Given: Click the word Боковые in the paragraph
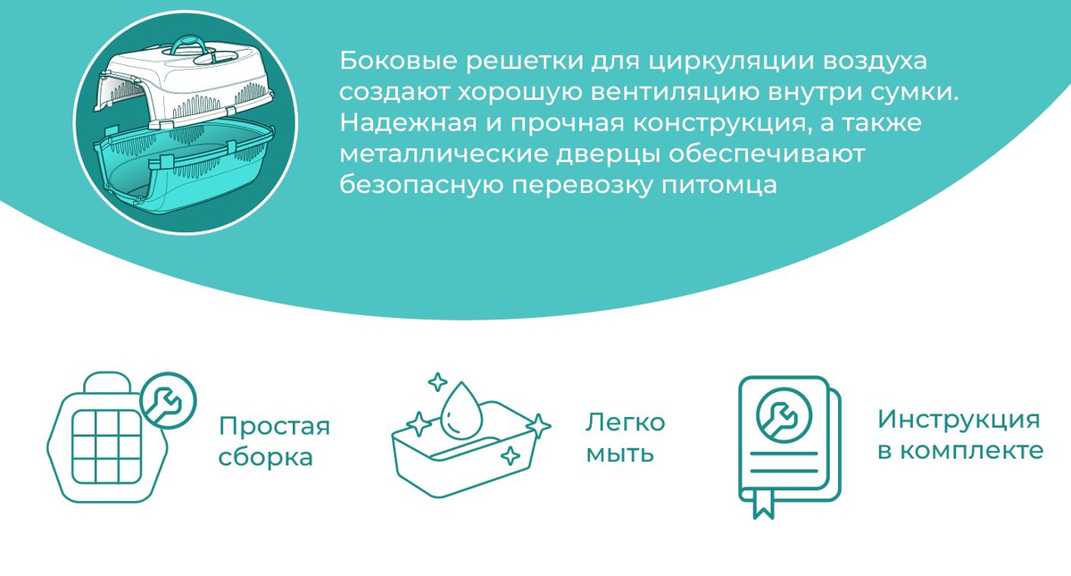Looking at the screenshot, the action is click(x=399, y=62).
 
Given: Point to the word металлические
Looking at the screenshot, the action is click(x=444, y=154).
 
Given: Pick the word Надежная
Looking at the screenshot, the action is click(x=409, y=123).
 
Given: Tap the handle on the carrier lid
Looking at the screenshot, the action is click(x=191, y=46).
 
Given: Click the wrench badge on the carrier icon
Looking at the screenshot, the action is click(x=169, y=400).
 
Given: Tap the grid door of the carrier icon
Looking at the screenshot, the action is click(x=107, y=447).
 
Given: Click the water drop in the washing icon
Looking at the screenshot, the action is click(x=459, y=412).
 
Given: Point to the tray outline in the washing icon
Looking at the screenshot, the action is click(x=464, y=455).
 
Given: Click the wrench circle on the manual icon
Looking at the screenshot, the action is click(x=785, y=416).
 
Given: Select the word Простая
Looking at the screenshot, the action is click(x=275, y=426).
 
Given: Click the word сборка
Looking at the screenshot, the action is click(x=266, y=456).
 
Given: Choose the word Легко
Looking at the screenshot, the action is click(x=626, y=422).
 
